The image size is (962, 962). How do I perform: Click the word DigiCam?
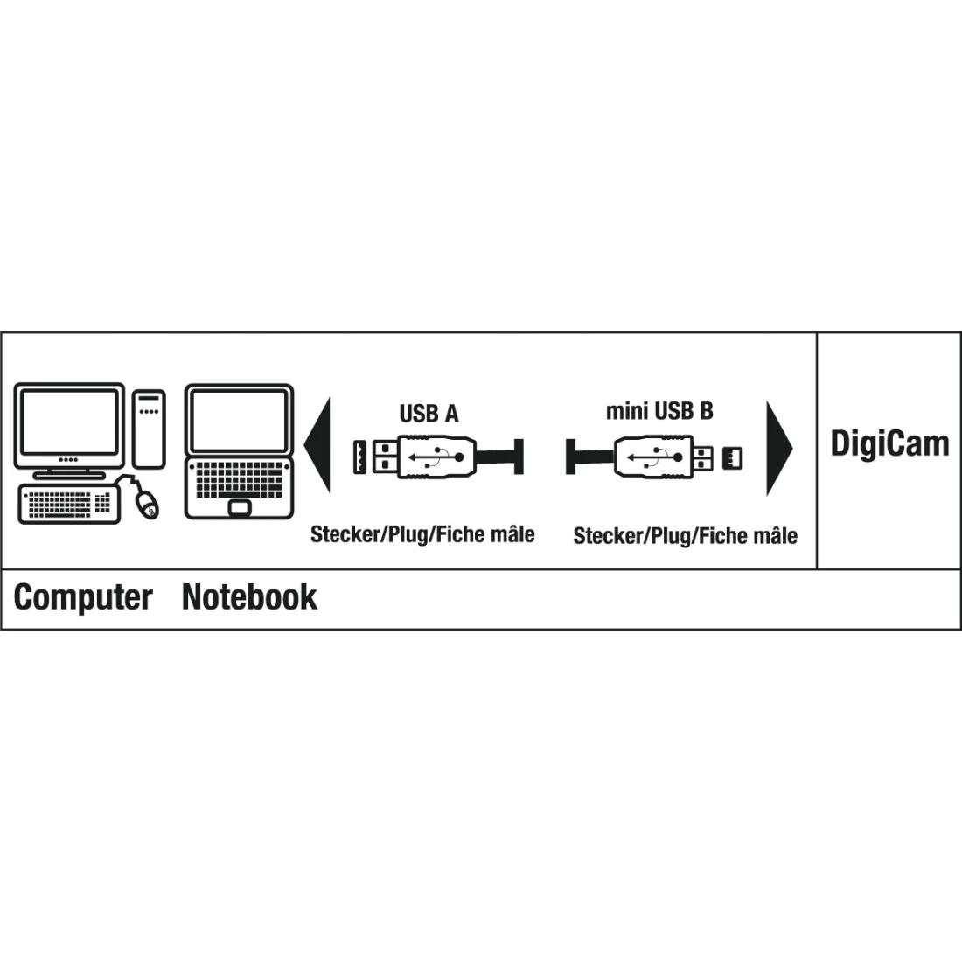coord(889,444)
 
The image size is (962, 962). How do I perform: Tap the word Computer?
coord(83,597)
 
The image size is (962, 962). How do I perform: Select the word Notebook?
coord(249,597)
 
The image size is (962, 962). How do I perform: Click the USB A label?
coord(429,414)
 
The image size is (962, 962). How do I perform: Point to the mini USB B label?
coord(659,411)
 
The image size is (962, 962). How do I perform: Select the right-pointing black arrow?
coord(777,448)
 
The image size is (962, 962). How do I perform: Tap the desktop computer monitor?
coord(69,422)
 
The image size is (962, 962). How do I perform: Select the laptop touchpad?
coord(238,507)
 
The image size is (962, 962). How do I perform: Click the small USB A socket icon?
coord(359,457)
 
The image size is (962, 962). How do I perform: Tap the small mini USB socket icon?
coord(732,457)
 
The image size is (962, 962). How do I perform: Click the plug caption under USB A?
coord(422,534)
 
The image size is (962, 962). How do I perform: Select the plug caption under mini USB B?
coord(685,535)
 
